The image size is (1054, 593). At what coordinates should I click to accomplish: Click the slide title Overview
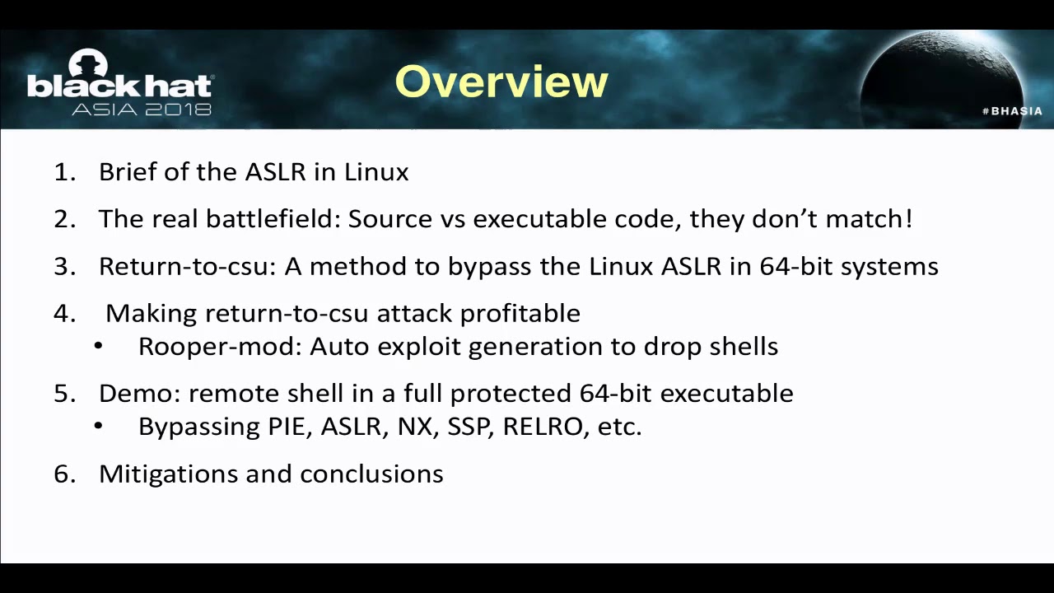[x=501, y=82]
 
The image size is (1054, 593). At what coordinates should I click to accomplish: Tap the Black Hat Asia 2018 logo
[x=119, y=84]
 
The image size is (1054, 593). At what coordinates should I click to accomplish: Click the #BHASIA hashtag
[x=1012, y=111]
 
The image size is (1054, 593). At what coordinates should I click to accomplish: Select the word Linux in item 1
[x=376, y=172]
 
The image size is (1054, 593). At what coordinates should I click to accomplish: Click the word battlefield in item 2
[x=273, y=219]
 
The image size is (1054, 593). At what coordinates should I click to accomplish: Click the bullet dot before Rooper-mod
[x=99, y=347]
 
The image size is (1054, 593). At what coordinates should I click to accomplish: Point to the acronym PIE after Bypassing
[x=289, y=427]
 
